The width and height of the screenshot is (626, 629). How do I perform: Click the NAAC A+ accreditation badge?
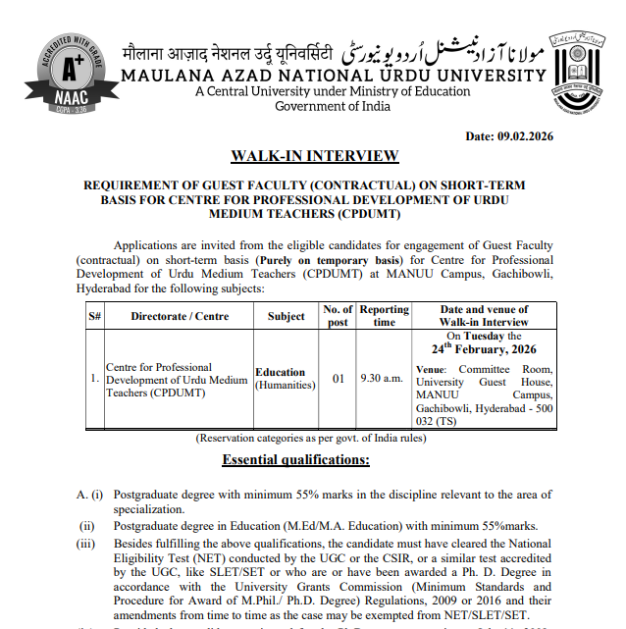point(65,75)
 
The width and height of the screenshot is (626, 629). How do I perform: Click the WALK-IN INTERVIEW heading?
point(314,156)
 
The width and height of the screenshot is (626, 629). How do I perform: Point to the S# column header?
point(95,316)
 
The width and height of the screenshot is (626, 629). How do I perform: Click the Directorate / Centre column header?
point(180,316)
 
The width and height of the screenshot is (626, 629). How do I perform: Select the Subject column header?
point(286,316)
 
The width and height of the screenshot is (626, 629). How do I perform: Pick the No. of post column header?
point(337,316)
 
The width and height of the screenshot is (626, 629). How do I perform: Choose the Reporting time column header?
point(384,316)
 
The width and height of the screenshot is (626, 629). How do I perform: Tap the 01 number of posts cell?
point(337,379)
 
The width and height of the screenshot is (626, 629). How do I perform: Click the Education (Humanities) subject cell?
point(285,379)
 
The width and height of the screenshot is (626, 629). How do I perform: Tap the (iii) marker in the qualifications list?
point(87,543)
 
